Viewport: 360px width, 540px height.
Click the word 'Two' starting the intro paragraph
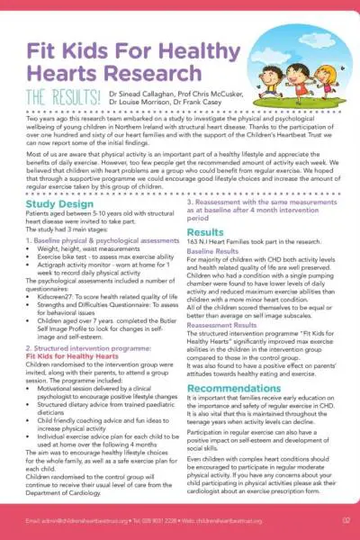click(x=32, y=143)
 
